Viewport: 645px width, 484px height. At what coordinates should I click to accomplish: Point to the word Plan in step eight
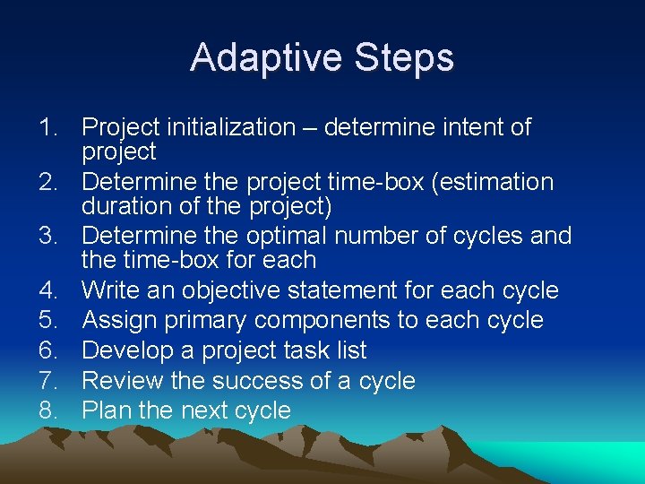pos(105,411)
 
